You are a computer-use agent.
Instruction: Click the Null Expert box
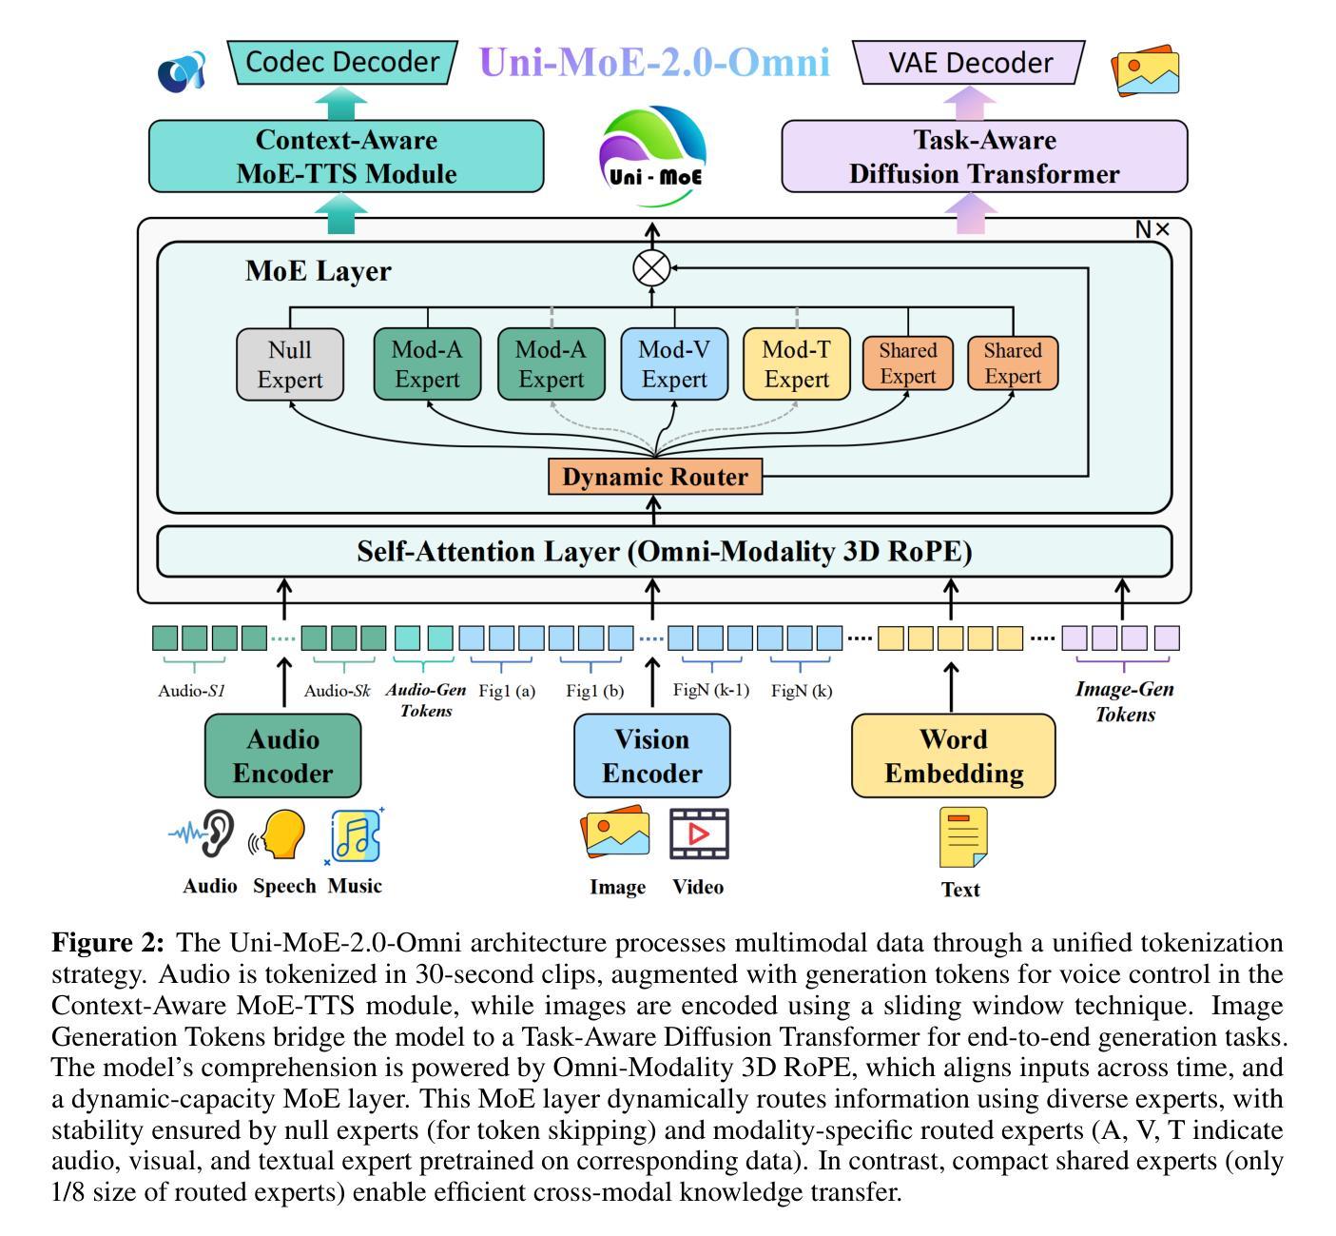(x=290, y=364)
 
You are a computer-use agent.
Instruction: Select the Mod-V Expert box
(x=674, y=364)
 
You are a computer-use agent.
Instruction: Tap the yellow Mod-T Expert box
(x=796, y=364)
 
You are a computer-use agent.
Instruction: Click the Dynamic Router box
(x=655, y=477)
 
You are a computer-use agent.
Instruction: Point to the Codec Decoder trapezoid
(x=342, y=63)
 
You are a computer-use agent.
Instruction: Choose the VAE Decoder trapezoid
(x=970, y=64)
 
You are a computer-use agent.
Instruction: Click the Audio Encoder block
(x=283, y=755)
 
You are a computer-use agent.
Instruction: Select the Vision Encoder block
(x=652, y=755)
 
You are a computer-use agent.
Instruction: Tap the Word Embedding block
(x=954, y=755)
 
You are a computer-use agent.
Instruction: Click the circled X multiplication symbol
(x=652, y=268)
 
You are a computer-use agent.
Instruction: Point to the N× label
(x=1152, y=229)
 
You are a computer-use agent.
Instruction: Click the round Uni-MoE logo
(x=653, y=157)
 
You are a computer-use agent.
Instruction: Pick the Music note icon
(x=355, y=836)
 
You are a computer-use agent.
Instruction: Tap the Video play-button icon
(x=699, y=834)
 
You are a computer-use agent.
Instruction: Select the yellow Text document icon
(x=963, y=837)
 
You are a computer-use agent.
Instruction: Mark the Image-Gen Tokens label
(x=1125, y=701)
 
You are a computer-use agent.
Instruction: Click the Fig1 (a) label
(x=507, y=691)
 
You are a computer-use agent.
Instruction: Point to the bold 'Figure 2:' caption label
(x=108, y=943)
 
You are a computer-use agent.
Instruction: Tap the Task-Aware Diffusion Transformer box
(x=984, y=157)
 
